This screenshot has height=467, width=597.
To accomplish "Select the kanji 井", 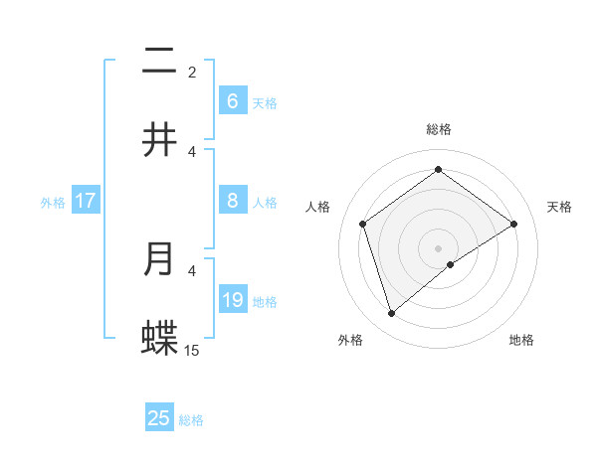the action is tap(159, 140).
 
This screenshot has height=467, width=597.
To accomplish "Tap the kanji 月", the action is tap(159, 258).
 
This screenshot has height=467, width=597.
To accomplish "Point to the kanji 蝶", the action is tap(159, 338).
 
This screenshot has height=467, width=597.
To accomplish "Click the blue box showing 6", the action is tap(232, 100).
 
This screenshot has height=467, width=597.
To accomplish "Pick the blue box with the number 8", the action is tap(232, 201).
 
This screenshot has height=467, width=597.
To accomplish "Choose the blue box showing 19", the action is tap(232, 299).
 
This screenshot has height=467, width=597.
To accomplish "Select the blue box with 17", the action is tap(85, 201).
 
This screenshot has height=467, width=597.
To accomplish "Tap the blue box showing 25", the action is tap(159, 418).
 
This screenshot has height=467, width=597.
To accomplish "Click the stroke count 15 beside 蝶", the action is tap(192, 350).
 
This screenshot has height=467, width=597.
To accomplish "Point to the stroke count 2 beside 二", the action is tap(192, 73).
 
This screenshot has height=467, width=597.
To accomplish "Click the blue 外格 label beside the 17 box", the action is tap(53, 202).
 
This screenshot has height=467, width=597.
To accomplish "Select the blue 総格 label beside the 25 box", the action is tap(191, 420).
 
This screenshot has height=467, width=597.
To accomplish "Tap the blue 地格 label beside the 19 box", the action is tap(266, 301).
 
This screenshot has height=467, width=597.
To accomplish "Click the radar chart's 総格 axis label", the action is tap(438, 129).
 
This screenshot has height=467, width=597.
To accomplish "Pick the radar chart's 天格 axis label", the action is tap(559, 207).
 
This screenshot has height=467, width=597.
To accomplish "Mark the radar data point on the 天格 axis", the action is tap(513, 224).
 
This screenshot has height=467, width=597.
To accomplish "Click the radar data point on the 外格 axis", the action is tap(391, 314).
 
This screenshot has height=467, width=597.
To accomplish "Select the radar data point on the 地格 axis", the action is tap(451, 264).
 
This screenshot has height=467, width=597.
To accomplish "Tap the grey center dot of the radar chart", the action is tap(438, 246).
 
